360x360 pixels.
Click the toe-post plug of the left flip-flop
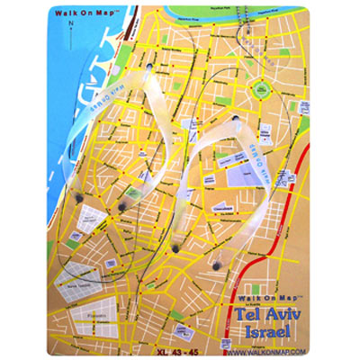pyautogui.click(x=147, y=67)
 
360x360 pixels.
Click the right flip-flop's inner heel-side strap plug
pyautogui.click(x=173, y=245)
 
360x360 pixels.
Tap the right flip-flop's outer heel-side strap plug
pyautogui.click(x=218, y=267)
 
